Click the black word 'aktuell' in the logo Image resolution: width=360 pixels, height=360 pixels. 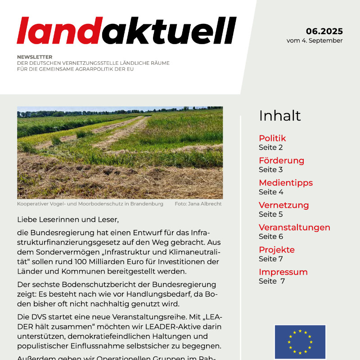click(x=172, y=31)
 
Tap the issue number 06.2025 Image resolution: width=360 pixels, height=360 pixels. click(x=324, y=31)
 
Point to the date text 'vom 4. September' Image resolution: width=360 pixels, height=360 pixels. click(x=315, y=40)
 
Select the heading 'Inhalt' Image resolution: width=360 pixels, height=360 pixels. click(x=279, y=116)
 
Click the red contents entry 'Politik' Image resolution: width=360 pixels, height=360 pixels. click(x=272, y=138)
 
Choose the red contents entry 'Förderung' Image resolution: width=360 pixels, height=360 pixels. click(x=281, y=161)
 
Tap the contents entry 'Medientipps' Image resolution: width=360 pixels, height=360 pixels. click(x=286, y=183)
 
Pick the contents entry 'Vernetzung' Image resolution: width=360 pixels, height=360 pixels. click(x=283, y=205)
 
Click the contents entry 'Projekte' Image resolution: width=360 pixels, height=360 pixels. click(x=277, y=250)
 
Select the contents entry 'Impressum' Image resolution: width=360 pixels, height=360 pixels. click(x=283, y=272)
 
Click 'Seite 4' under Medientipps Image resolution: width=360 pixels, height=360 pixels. click(x=271, y=192)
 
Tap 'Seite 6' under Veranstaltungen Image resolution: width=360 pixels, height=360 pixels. click(x=271, y=236)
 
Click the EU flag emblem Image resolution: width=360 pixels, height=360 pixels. click(x=300, y=342)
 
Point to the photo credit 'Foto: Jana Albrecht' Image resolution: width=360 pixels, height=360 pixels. click(x=198, y=204)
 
